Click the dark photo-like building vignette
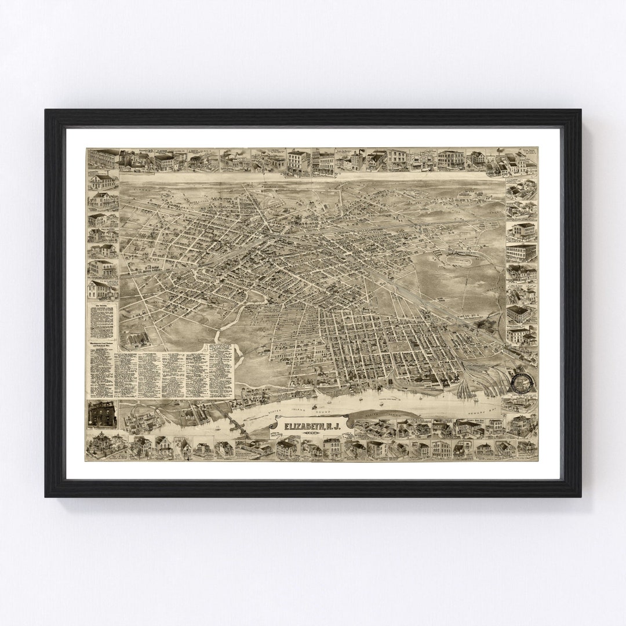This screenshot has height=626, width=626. coord(101,414)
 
